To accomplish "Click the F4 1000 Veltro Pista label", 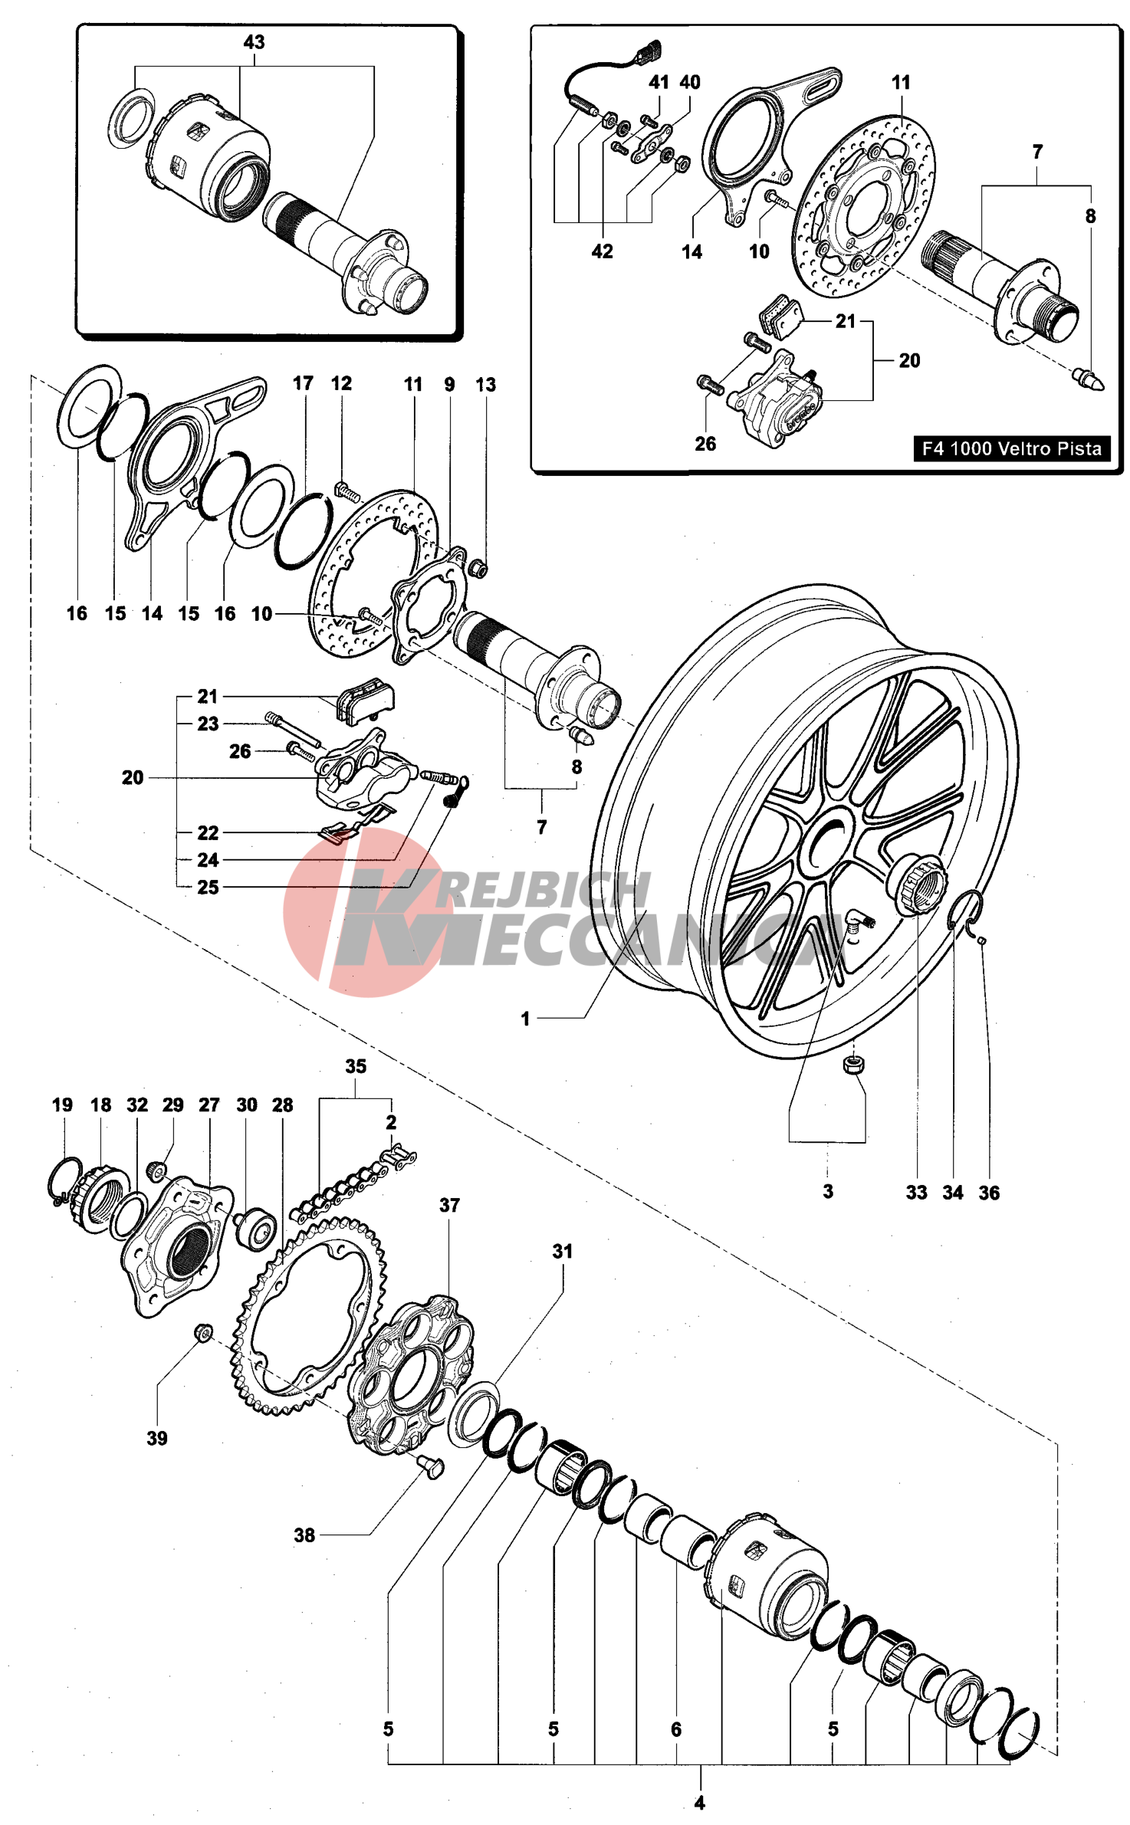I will [x=1011, y=448].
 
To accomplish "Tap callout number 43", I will [x=254, y=42].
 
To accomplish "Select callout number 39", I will [x=157, y=1438].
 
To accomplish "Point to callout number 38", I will [x=304, y=1535].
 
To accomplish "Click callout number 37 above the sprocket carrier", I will [x=449, y=1205].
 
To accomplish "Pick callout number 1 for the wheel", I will [x=525, y=1019].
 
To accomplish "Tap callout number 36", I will [x=989, y=1193].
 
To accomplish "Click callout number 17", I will [x=303, y=383].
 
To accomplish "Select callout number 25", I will [x=208, y=887].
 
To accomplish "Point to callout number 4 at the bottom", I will [x=699, y=1804].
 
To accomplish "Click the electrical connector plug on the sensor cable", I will [x=648, y=51].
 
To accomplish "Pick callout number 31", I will [x=563, y=1252].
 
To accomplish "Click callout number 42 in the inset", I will [x=603, y=251].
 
